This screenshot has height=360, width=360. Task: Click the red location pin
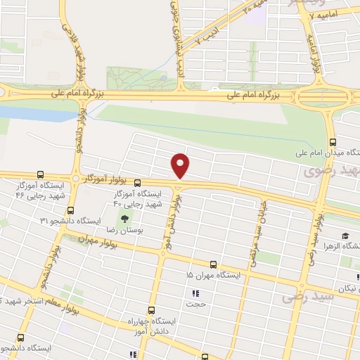181,165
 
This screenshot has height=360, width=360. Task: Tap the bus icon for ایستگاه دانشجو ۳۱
70,210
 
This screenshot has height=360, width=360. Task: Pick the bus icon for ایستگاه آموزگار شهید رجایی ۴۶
39,174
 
